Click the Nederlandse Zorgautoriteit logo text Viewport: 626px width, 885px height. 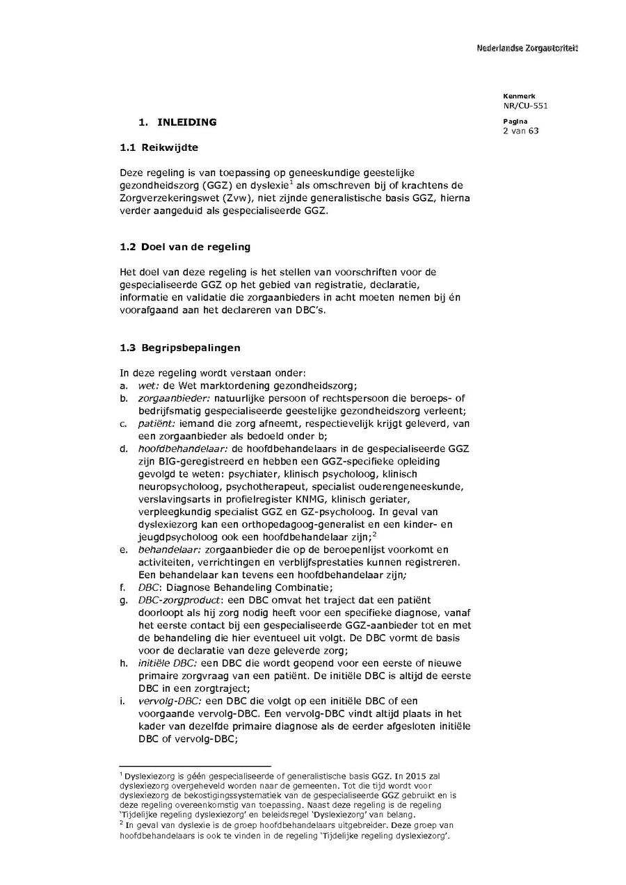[527, 48]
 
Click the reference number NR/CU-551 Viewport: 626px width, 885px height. [525, 105]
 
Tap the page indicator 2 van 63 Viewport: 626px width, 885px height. [521, 131]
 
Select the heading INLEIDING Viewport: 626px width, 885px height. [187, 122]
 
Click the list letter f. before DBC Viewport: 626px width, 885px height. [123, 587]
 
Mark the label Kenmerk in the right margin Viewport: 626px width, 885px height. [515, 95]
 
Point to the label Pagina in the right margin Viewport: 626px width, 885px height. [513, 122]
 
